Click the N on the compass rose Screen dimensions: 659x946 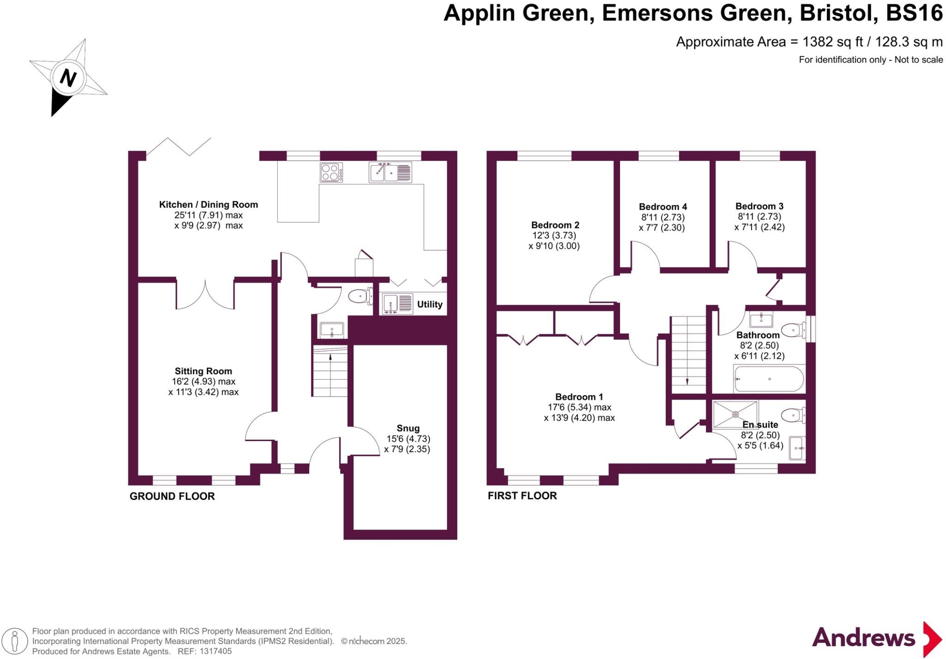68,78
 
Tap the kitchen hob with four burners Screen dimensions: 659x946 331,173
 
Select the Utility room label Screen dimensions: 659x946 430,304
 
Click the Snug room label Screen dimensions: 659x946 408,428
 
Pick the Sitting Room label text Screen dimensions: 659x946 203,371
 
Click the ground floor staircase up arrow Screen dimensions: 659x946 330,357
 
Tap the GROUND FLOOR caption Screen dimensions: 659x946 172,496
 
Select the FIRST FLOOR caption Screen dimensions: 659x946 522,496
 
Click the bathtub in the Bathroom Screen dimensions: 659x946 769,379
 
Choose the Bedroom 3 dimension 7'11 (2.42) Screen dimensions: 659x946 759,227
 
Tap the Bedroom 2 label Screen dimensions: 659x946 555,225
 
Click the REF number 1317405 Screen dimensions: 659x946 215,651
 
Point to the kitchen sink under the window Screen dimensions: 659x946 390,173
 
